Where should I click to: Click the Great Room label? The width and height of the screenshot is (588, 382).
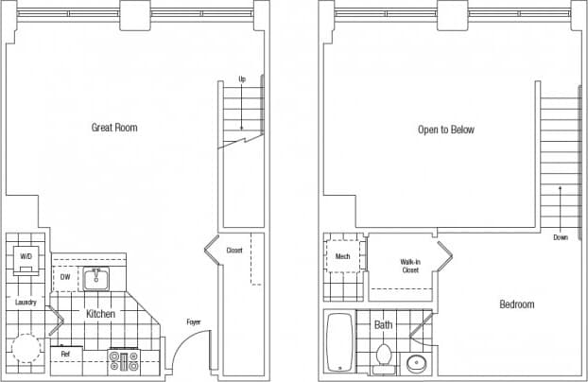(x=114, y=128)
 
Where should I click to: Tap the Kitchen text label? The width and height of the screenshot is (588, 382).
(x=101, y=313)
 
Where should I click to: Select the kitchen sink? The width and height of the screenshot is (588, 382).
(x=96, y=279)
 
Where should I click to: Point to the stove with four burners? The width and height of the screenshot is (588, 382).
(x=125, y=359)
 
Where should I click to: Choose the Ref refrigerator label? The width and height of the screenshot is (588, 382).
(x=65, y=354)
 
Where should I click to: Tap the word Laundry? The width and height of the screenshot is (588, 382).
(x=26, y=303)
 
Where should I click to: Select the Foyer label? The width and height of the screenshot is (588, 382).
(x=193, y=322)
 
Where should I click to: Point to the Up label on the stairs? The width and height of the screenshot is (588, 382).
(x=242, y=78)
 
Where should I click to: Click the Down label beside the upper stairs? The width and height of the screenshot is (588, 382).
(x=561, y=237)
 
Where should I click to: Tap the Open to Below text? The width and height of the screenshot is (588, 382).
(x=446, y=130)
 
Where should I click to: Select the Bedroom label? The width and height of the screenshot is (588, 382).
(x=517, y=304)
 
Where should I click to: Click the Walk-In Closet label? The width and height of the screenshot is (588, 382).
(x=409, y=266)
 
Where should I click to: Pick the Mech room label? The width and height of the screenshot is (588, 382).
(x=342, y=256)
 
